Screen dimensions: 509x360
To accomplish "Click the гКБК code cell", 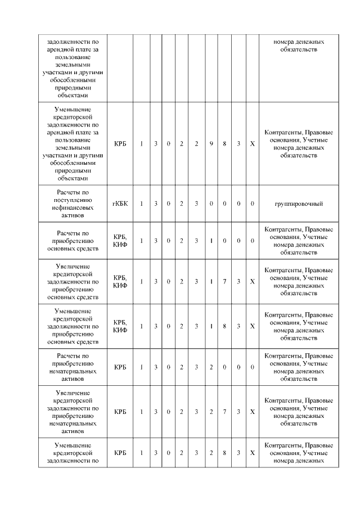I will tap(120, 203).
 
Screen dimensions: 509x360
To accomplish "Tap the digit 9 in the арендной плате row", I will tap(211, 144).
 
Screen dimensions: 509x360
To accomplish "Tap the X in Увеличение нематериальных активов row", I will tap(252, 412).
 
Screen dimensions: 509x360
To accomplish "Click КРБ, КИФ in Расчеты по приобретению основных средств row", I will tap(120, 241).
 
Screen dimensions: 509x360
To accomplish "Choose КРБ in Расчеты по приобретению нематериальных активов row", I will tap(120, 367).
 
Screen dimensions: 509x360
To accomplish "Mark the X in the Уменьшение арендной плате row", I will tap(252, 144).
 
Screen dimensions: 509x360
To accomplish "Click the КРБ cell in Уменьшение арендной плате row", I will tap(120, 144).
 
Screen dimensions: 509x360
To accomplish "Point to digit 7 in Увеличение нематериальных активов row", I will tap(224, 412).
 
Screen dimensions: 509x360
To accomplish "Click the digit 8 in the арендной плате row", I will tap(224, 144).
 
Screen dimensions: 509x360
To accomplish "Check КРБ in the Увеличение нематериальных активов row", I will tap(120, 412).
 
